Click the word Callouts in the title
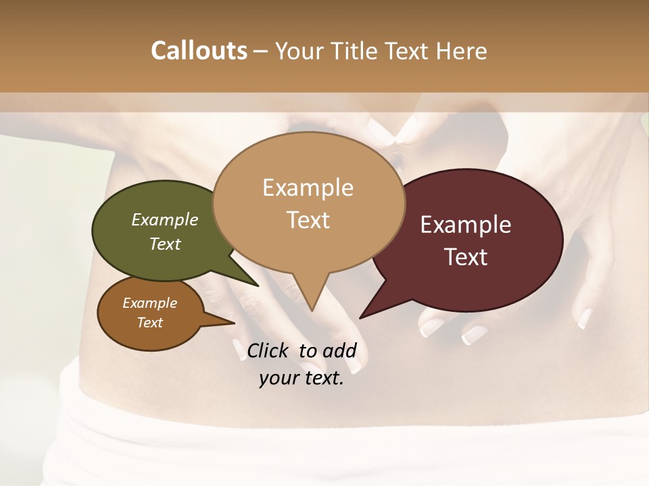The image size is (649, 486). (x=199, y=51)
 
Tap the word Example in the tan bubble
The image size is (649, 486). (x=308, y=188)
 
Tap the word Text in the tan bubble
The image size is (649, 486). (x=308, y=220)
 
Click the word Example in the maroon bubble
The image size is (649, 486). (x=466, y=225)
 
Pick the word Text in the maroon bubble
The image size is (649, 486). (x=466, y=257)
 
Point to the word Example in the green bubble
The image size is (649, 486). (x=164, y=219)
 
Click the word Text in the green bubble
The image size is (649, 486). (x=164, y=244)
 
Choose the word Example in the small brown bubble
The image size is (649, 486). (x=149, y=303)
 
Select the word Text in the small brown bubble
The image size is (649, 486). (x=149, y=323)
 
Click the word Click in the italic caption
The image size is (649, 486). (x=270, y=350)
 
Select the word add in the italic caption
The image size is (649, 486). (x=339, y=350)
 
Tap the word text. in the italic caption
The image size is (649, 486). (x=322, y=379)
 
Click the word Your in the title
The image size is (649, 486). (x=297, y=51)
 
